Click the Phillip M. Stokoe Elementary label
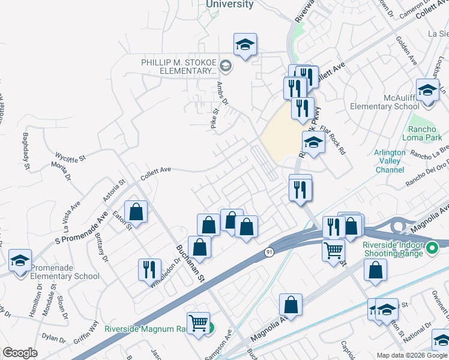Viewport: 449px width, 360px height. point(178,67)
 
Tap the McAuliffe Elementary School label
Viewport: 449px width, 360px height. point(384,102)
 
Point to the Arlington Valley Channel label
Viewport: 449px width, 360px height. point(390,161)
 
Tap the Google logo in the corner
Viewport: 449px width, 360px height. point(20,353)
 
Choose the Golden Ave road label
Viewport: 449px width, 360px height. point(406,50)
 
